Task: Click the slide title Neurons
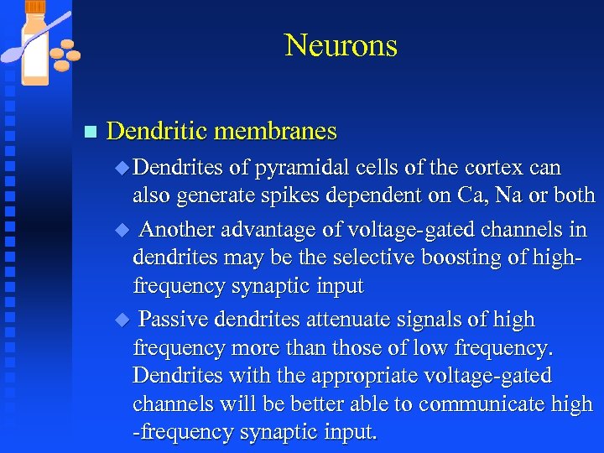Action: tap(341, 45)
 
